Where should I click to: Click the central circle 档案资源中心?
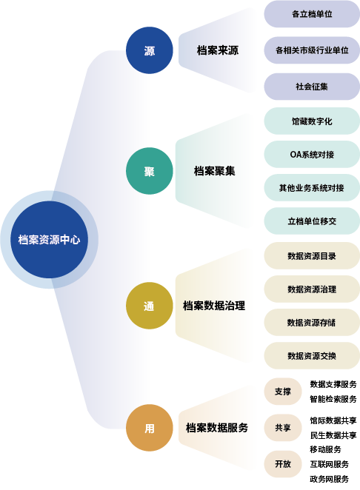coord(50,240)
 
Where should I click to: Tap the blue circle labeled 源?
coord(150,50)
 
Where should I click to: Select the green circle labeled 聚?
coord(150,171)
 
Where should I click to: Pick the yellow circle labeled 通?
coord(150,306)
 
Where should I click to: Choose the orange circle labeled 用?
coord(150,428)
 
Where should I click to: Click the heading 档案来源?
coord(218,50)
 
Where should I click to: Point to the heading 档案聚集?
coord(215,171)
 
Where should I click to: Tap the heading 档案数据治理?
coord(214,306)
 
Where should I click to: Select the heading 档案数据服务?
coord(217,428)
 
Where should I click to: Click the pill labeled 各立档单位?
coord(312,14)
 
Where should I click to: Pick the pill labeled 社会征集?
coord(312,87)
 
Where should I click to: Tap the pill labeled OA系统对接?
coord(312,155)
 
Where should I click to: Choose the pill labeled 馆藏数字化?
coord(312,121)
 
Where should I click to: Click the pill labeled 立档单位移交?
coord(312,221)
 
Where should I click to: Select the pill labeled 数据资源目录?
coord(312,256)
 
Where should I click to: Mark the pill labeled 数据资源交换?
coord(312,355)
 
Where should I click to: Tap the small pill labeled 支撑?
coord(283,392)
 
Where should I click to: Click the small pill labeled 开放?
coord(283,464)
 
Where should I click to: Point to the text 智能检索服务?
coord(333,399)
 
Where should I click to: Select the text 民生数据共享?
coord(333,435)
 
